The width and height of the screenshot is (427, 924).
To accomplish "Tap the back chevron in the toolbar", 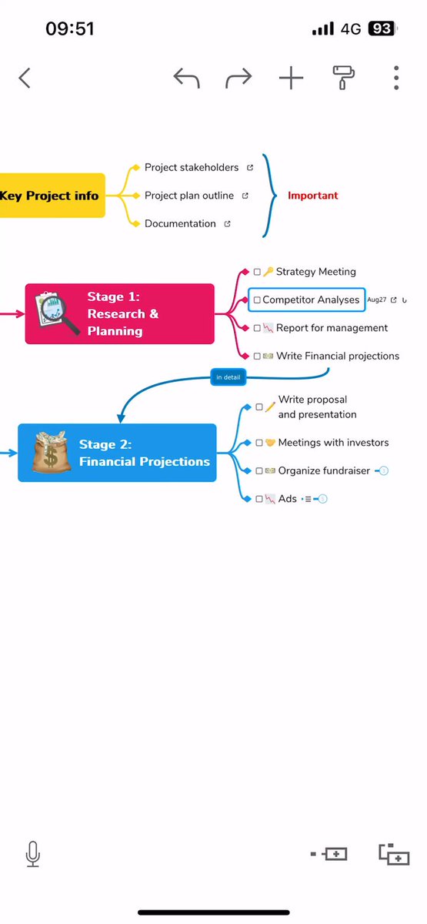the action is (25, 78).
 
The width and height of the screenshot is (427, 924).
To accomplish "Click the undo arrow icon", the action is (187, 78).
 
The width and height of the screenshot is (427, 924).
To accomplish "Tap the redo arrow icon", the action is (239, 78).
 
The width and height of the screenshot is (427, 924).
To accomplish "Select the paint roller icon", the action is (343, 78).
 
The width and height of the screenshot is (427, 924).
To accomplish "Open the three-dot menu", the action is (396, 78).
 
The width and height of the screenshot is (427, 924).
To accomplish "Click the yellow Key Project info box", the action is (52, 196).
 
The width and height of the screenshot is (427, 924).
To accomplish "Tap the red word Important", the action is (313, 196).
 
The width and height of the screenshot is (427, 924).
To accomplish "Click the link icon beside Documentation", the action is (227, 223).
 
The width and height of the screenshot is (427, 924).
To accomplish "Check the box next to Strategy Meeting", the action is (257, 272).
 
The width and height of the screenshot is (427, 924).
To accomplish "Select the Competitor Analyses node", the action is (307, 300).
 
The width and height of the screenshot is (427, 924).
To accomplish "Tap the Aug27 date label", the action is (377, 300).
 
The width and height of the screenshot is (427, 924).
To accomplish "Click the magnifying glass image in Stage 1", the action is (57, 313).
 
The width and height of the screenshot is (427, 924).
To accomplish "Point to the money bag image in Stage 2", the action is (51, 452).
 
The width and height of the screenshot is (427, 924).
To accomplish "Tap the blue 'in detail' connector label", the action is (229, 377).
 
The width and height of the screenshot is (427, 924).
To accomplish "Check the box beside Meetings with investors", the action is (259, 443).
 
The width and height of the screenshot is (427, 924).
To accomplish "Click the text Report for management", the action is (332, 328).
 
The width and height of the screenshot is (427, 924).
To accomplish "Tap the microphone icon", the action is (33, 854).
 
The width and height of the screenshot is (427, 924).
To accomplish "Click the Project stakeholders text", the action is (192, 168).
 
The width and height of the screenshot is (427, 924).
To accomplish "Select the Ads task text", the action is (287, 499).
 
